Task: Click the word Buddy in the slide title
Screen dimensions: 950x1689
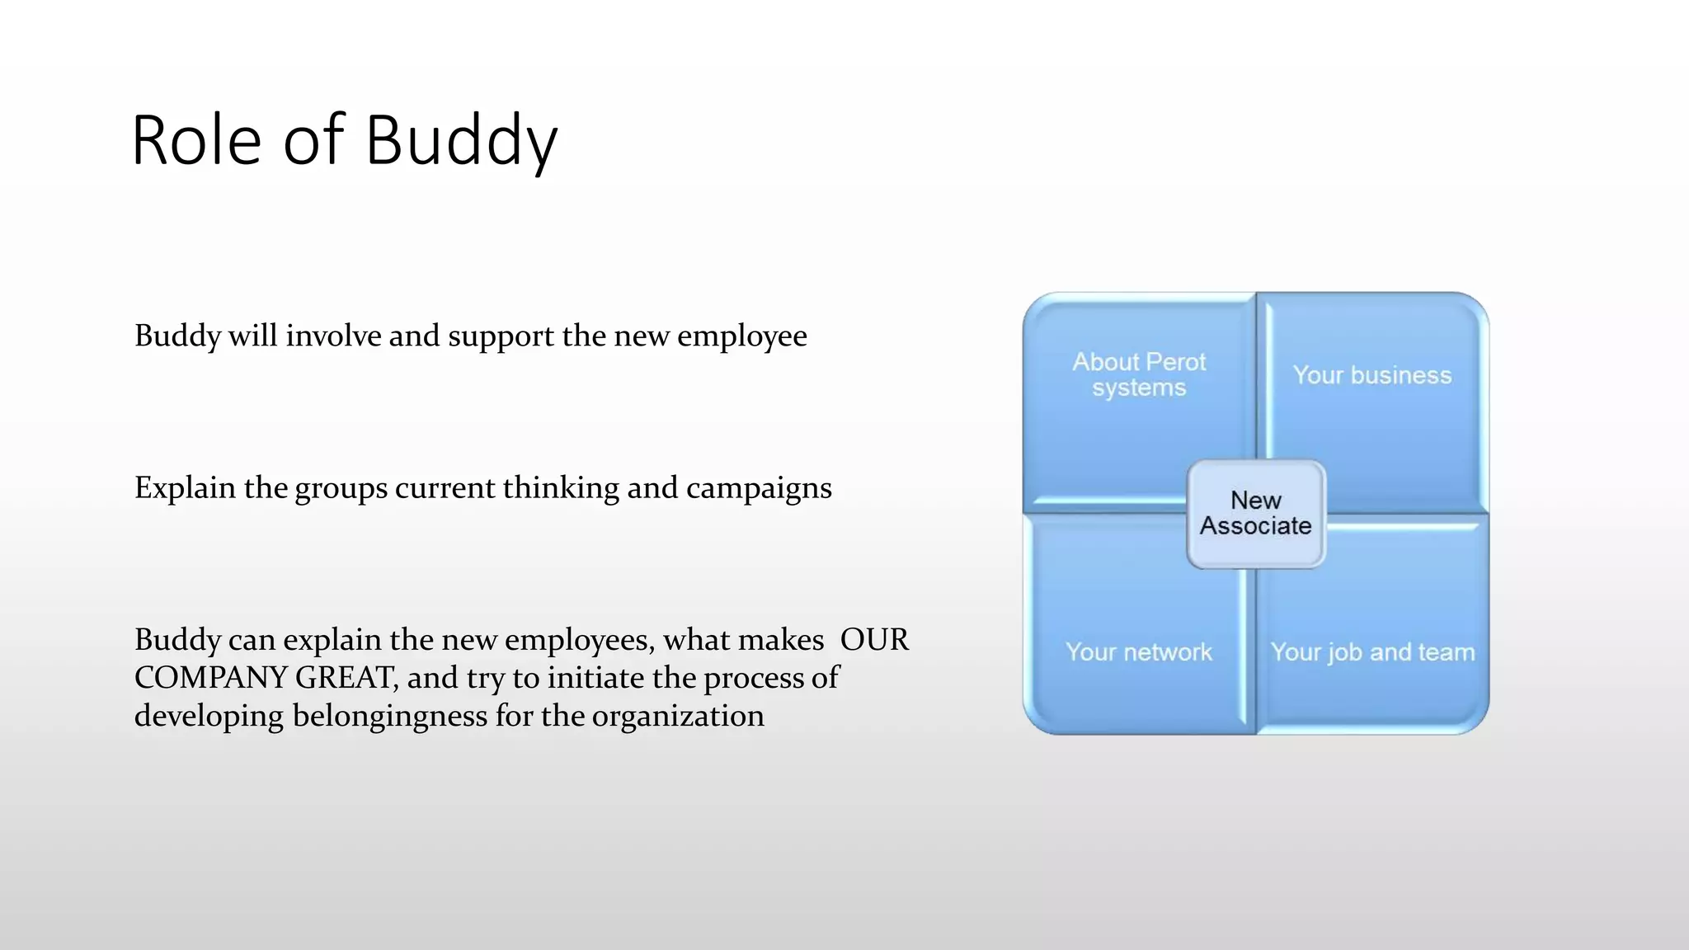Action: coord(462,140)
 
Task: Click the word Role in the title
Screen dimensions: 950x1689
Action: coord(196,140)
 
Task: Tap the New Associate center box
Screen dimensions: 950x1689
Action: coord(1255,513)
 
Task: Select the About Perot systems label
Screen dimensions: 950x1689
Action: coord(1139,374)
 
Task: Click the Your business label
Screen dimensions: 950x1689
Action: coord(1371,375)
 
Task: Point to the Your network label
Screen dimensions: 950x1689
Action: coord(1138,652)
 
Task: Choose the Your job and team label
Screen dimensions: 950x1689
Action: coord(1372,652)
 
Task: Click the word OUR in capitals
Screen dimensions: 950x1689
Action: coord(874,640)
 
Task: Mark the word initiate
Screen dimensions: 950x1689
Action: coord(595,678)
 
